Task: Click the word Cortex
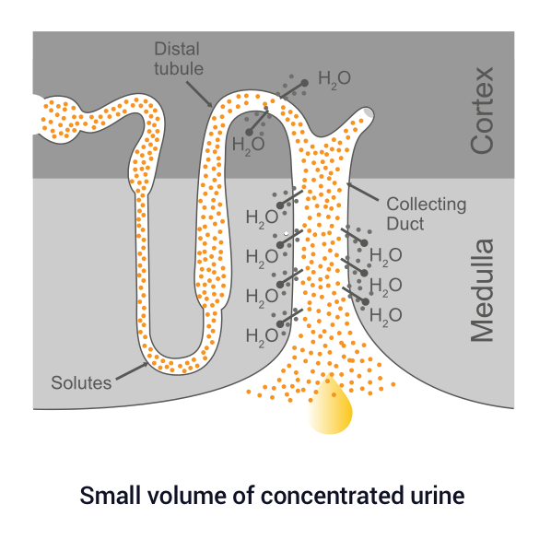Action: [x=483, y=111]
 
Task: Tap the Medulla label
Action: [x=483, y=290]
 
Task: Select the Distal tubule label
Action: [x=179, y=59]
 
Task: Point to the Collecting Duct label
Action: [x=427, y=214]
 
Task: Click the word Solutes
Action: [x=81, y=382]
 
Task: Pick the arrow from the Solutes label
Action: [x=132, y=371]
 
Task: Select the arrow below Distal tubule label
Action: [x=200, y=95]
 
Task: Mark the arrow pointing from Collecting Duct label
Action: [x=363, y=192]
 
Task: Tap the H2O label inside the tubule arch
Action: [x=249, y=146]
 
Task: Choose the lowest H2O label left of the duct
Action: [x=263, y=337]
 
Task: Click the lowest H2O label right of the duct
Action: [x=386, y=316]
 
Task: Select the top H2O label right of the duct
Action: [x=386, y=256]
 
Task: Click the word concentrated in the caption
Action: [x=332, y=496]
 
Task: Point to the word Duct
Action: [x=405, y=224]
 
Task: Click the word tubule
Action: [x=179, y=68]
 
